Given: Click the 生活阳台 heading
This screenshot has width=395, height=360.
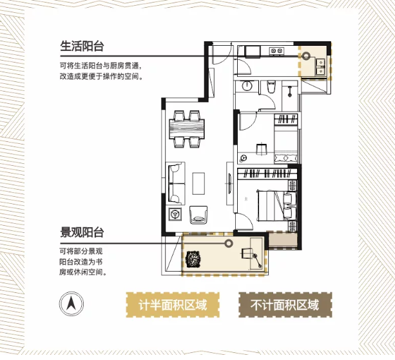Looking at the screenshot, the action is pos(82,46).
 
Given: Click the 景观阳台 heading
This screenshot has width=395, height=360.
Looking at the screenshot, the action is pos(82,232).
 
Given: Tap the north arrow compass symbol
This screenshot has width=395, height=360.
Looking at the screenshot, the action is pos(72,303).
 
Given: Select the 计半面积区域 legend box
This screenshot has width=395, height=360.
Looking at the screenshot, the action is pos(173,305).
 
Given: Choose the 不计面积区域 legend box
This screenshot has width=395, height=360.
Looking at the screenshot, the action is pos(285,305).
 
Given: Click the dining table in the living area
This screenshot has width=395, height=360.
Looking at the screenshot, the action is pos(187,128).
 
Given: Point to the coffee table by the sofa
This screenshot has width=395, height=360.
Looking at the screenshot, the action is pos(198,183).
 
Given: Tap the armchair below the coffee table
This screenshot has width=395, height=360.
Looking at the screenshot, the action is pos(198,215).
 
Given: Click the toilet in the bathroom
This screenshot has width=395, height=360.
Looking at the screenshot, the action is pos(271,86).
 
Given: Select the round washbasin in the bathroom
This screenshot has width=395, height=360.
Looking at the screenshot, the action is pos(247,86).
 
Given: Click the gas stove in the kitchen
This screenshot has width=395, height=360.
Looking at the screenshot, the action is pos(277,51).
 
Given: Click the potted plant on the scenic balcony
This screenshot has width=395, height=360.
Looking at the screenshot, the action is pos(193,259).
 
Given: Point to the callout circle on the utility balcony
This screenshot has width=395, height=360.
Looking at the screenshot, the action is pos(306,55).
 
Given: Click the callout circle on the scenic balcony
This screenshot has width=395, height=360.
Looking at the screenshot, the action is pos(229,243).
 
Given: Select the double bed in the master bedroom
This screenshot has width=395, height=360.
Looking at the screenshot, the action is pos(276,206).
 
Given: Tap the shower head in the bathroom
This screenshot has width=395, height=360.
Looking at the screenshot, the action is pos(290,92).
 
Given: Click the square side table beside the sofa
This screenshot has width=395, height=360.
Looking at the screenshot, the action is pos(175,214).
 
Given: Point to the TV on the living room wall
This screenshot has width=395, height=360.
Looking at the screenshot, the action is pos(229,183).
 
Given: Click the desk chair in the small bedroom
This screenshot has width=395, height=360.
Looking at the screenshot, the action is pos(261,148).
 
